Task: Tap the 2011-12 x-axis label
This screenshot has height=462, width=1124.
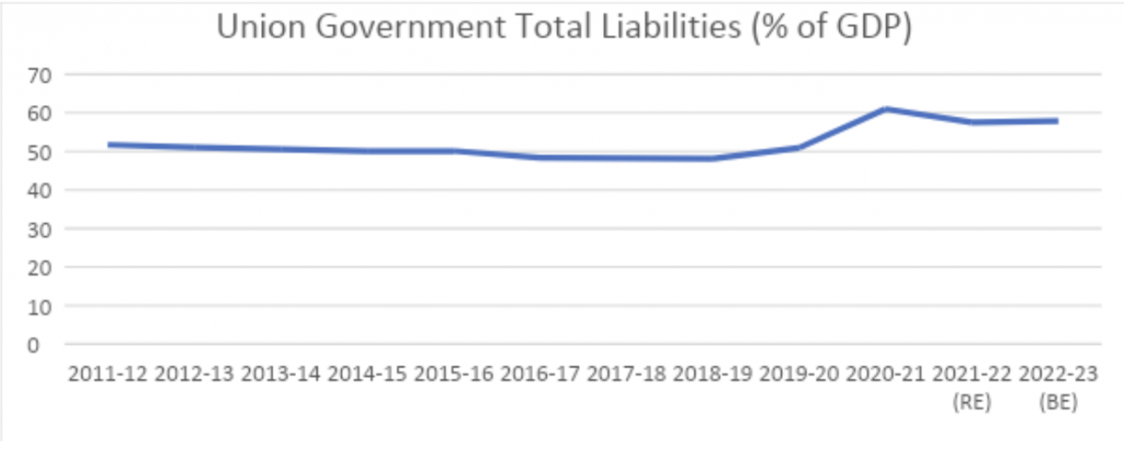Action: (108, 374)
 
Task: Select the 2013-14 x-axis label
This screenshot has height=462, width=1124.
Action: (280, 374)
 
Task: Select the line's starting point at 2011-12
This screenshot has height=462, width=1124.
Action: (110, 144)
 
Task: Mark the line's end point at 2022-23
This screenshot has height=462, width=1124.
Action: (1057, 121)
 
